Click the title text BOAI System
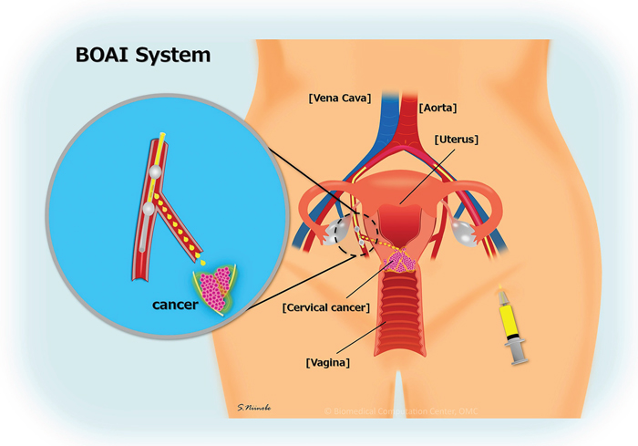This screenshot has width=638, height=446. point(143,54)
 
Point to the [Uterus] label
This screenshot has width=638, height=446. point(458,140)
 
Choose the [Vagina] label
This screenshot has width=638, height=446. point(328,362)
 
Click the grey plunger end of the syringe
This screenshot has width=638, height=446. point(520,359)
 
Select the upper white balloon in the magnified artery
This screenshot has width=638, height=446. point(158,171)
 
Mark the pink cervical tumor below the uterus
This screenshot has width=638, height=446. point(402,263)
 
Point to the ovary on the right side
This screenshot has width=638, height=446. point(466,233)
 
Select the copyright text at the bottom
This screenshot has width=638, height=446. point(401,411)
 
